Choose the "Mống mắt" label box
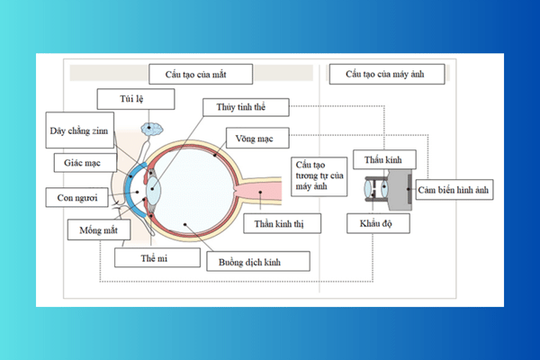99,229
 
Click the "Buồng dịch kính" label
258,262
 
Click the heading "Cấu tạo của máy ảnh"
388,74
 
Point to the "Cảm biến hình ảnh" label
455,191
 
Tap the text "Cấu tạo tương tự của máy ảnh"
319,175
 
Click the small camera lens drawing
376,190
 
